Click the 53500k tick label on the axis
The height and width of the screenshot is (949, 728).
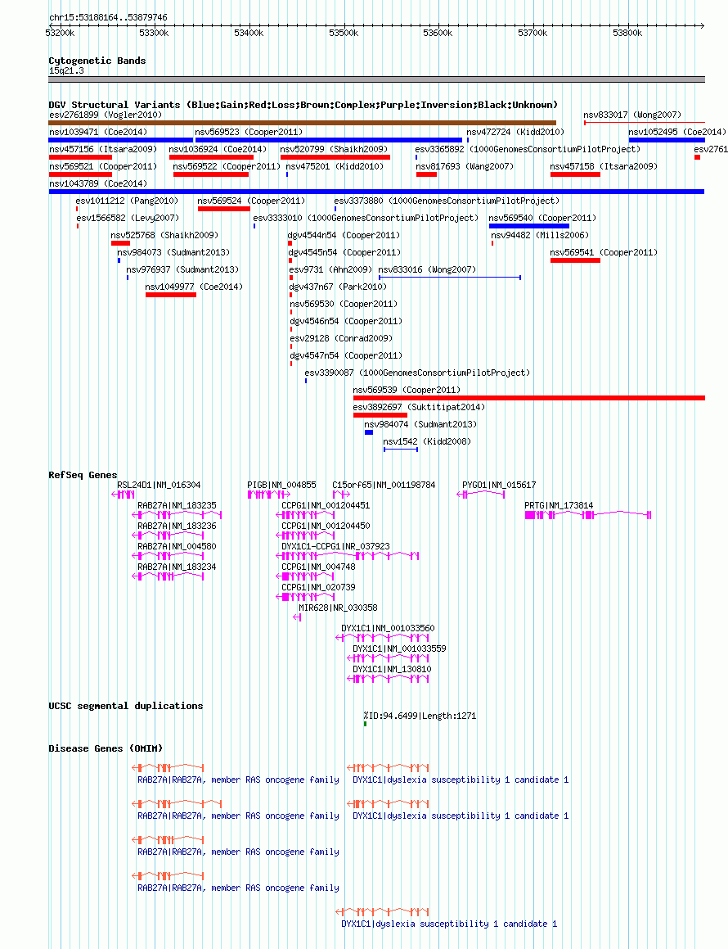tap(344, 34)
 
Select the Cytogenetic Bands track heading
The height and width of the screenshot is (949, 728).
tap(97, 61)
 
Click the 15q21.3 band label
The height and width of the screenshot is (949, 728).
tap(66, 70)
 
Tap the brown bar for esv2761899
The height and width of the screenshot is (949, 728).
tap(303, 123)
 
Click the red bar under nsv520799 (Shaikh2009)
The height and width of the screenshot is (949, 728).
tap(335, 157)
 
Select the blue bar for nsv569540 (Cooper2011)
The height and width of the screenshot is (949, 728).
tap(529, 226)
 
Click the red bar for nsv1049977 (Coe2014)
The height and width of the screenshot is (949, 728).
tap(170, 295)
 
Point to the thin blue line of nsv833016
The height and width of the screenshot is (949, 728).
tap(450, 278)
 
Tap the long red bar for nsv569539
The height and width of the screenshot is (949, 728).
tap(529, 398)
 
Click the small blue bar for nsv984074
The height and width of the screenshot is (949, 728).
tap(369, 432)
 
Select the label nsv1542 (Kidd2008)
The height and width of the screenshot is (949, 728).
tap(427, 441)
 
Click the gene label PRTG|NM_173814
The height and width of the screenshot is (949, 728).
tap(559, 505)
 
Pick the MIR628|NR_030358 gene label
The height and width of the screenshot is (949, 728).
tap(338, 608)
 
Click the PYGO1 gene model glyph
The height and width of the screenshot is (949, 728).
tap(481, 495)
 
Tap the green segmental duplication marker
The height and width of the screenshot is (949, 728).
tap(365, 724)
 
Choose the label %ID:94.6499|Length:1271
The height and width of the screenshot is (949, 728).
tap(420, 716)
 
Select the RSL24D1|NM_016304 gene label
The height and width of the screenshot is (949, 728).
tap(159, 485)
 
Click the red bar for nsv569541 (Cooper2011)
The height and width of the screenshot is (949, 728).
tap(575, 260)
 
